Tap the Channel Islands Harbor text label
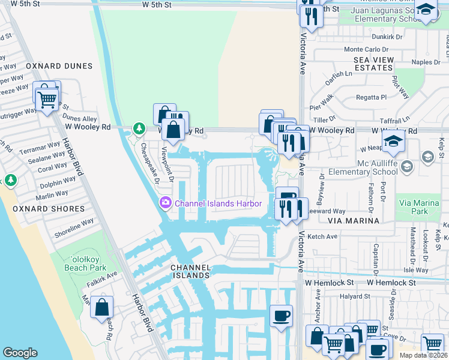pos(218,203)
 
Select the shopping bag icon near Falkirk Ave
pos(101,307)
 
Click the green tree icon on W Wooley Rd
pos(139,128)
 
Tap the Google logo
pos(20,353)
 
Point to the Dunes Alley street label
pos(80,119)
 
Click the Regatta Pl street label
pos(372,97)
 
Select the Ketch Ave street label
pos(323,237)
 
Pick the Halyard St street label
pos(355,296)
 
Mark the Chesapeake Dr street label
pos(148,161)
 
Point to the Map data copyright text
pos(423,355)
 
